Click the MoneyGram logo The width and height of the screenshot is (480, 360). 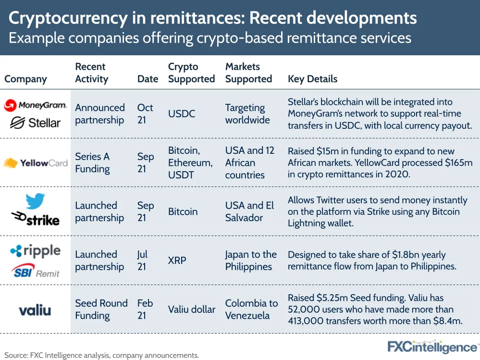tap(35, 105)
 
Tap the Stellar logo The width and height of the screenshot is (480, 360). tap(35, 123)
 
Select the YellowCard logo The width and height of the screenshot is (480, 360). tap(35, 163)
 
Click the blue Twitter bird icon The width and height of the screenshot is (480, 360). tap(35, 200)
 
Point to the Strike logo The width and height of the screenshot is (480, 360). tap(35, 220)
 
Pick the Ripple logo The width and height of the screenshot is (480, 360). tap(35, 251)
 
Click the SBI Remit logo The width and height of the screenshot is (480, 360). tap(35, 270)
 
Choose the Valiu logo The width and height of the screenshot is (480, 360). tap(35, 310)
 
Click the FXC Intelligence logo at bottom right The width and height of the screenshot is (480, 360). tap(432, 347)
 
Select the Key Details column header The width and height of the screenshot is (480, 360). tap(312, 79)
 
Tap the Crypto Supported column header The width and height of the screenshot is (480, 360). tap(191, 73)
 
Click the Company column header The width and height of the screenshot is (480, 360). tap(25, 79)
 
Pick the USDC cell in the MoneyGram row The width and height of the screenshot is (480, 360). tap(182, 114)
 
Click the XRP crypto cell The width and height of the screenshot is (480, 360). tap(177, 261)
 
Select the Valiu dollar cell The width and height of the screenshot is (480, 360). tap(191, 310)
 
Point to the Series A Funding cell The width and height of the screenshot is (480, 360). tap(92, 163)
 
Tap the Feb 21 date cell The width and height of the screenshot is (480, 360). tap(145, 310)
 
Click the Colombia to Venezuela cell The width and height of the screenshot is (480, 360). tap(251, 310)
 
